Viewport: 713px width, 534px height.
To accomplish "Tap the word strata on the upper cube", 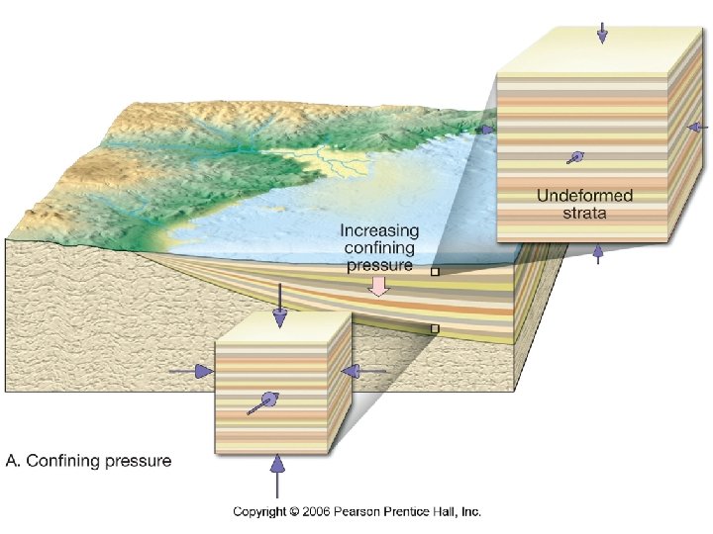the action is coord(584,213).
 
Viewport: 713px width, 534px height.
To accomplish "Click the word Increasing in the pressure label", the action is coord(379,230).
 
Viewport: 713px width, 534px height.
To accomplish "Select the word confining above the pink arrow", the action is coord(379,248).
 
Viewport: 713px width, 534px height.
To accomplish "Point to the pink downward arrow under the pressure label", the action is coord(379,286).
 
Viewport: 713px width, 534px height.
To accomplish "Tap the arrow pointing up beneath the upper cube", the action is coord(597,254).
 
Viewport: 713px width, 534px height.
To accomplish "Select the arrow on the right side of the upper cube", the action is coord(698,127).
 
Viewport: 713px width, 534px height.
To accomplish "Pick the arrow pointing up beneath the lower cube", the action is coord(277,473).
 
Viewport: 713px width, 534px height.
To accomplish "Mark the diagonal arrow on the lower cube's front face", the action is coord(262,402).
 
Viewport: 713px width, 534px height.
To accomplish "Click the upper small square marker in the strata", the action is coord(434,270).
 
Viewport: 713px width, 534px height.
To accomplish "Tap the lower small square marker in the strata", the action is coord(434,328).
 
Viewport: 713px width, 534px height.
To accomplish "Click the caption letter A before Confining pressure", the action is coord(12,461).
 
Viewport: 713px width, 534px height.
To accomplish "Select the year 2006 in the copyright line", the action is coord(319,511).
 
